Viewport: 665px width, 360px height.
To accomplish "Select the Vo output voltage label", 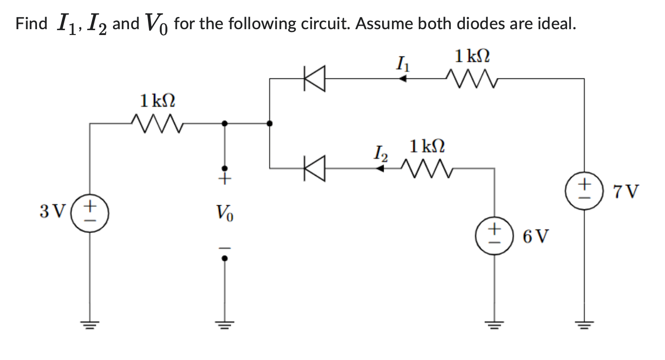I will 224,213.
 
